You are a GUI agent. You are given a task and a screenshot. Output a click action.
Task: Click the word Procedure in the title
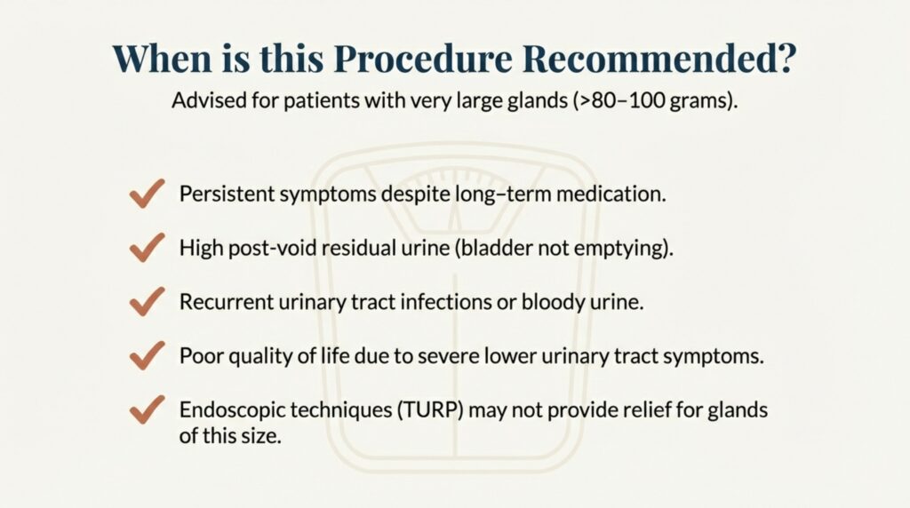pos(423,59)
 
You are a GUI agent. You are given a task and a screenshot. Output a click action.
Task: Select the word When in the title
pos(163,58)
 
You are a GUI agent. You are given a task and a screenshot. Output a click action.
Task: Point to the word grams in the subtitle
pos(698,102)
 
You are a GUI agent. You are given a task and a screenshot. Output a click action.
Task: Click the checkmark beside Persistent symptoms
pos(147,193)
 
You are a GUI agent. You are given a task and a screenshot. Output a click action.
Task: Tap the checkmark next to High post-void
pos(147,248)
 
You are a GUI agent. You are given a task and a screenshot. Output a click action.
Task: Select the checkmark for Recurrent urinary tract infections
pos(147,302)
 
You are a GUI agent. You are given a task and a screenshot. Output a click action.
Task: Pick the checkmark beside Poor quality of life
pos(147,355)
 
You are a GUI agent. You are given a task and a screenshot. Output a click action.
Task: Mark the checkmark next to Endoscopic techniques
pos(147,410)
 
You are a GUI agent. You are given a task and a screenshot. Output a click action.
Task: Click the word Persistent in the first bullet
pos(227,194)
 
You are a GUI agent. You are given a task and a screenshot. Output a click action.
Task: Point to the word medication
pos(611,194)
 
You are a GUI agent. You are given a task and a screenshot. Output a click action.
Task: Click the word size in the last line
pos(262,435)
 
